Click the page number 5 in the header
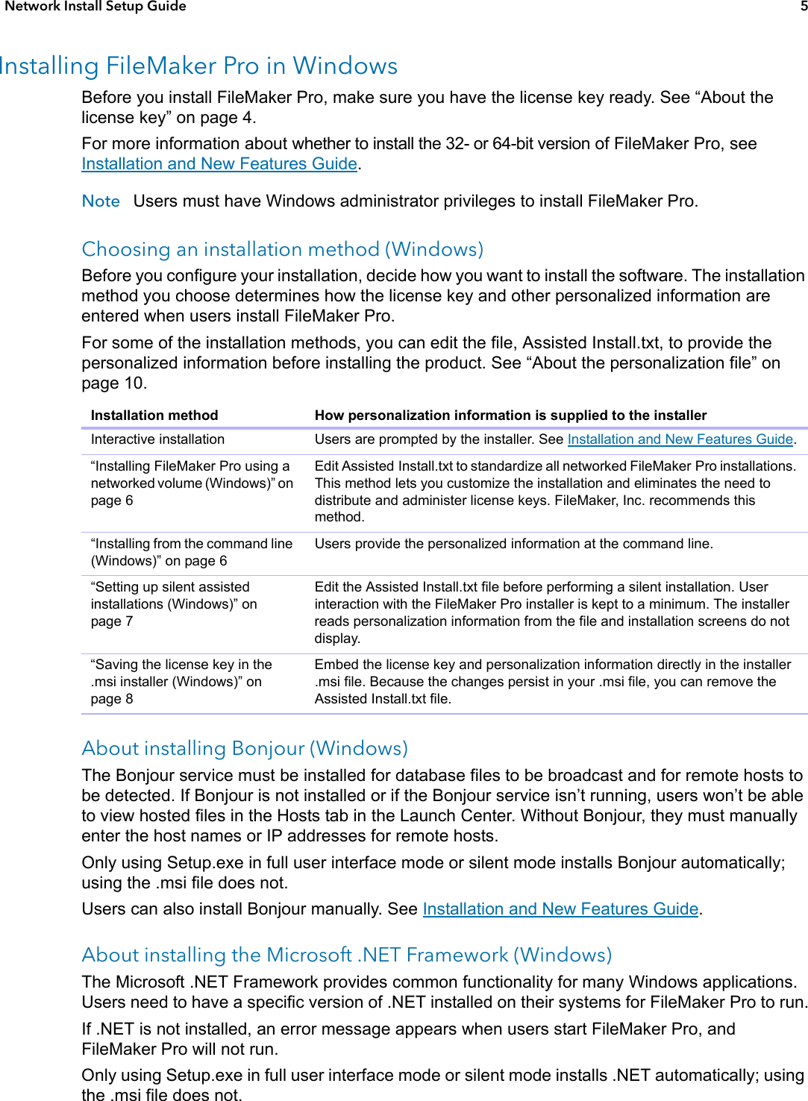804,6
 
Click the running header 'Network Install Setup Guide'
95,6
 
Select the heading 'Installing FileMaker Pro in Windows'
198,66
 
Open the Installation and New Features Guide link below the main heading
219,164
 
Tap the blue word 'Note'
101,201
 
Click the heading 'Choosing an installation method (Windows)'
282,249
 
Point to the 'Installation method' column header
154,415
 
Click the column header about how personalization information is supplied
510,415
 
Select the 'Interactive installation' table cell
157,439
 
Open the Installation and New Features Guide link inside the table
680,439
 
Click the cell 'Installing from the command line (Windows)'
191,552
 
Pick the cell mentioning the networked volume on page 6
192,483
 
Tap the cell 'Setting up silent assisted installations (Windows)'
174,603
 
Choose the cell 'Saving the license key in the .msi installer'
181,681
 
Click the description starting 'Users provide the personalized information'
513,544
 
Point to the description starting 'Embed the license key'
552,681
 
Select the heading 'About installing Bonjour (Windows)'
245,748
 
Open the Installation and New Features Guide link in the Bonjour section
560,909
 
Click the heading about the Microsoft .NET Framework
346,955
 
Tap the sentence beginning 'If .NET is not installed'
408,1038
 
